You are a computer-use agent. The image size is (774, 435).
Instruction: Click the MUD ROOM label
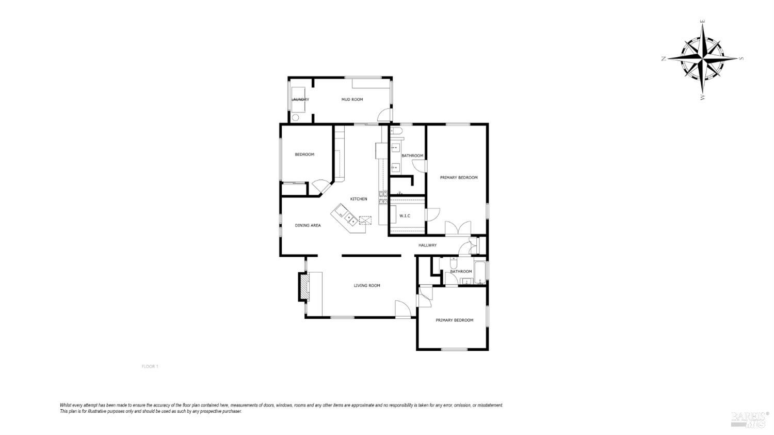[352, 99]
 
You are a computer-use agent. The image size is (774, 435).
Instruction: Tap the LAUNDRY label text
[300, 99]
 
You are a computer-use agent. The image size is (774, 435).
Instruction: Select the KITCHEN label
[359, 199]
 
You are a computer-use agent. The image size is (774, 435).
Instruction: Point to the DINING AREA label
[308, 225]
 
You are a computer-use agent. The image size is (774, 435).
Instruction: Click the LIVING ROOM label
[367, 285]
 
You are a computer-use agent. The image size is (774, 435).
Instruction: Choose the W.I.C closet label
[405, 215]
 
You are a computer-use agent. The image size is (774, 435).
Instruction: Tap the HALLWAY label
[427, 245]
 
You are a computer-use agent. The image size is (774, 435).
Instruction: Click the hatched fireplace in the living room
[303, 287]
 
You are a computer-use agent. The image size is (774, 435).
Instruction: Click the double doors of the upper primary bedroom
[458, 228]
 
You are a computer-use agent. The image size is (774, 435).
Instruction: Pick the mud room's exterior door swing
[384, 116]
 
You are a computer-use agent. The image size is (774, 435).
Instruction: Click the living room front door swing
[402, 309]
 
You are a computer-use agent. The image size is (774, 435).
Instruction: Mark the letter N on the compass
[664, 59]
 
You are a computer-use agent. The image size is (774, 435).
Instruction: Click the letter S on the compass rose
[741, 58]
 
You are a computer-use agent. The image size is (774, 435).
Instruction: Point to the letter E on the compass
[702, 22]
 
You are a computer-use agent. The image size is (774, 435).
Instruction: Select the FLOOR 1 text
[150, 366]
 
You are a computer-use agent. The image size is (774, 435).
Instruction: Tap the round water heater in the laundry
[295, 117]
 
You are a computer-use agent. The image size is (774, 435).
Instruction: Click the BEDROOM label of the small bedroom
[304, 154]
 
